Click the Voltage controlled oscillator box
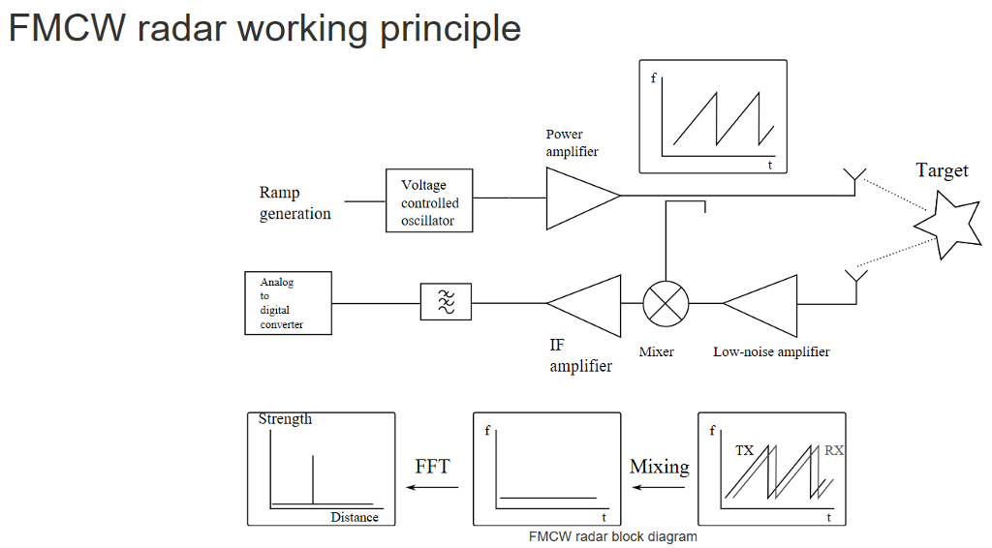pos(430,202)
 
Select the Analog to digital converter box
pos(288,303)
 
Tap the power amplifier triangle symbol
pos(578,198)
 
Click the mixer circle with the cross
pos(666,303)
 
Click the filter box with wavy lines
pos(446,302)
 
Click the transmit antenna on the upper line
pos(853,180)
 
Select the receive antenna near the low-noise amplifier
pos(853,282)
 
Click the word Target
pos(942,171)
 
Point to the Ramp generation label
pos(295,203)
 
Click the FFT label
pos(432,467)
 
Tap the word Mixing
pos(659,467)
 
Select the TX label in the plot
pos(743,450)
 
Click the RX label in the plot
pos(833,450)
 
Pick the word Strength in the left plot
pos(285,419)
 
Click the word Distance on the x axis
pos(355,517)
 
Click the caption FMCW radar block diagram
pos(612,536)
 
